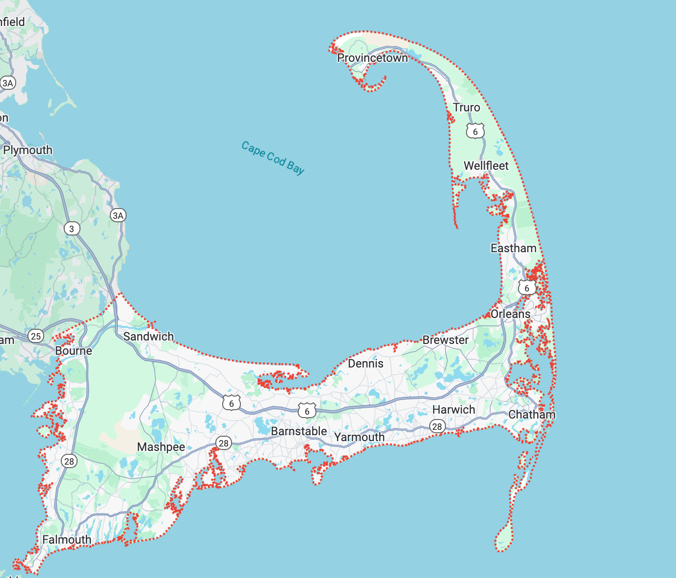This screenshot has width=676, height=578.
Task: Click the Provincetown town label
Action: [x=372, y=58]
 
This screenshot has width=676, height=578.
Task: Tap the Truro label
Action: [x=467, y=107]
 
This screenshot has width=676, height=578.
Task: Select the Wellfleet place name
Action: [x=486, y=166]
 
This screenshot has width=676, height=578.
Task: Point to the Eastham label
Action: [x=514, y=248]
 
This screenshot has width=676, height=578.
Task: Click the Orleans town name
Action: [x=511, y=314]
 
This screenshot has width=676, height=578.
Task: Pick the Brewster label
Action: [x=445, y=340]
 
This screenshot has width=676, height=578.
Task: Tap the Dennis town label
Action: [x=365, y=364]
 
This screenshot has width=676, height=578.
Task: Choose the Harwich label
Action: [x=454, y=410]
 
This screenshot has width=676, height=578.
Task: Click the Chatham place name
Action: [x=532, y=415]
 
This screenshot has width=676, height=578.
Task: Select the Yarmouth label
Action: [x=360, y=437]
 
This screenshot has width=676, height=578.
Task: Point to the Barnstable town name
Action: [x=299, y=431]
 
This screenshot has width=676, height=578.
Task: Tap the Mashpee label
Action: [x=161, y=447]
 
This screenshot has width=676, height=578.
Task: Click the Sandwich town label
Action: [x=149, y=337]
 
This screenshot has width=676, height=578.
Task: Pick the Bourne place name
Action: [x=74, y=351]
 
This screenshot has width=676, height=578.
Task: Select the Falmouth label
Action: [x=67, y=540]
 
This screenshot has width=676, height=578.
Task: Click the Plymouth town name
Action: [x=28, y=150]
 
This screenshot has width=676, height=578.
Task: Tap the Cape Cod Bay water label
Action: [x=273, y=158]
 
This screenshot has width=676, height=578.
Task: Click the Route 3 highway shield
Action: [x=72, y=229]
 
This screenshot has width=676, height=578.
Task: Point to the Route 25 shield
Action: [x=36, y=336]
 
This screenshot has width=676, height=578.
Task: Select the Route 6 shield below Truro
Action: [x=475, y=131]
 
